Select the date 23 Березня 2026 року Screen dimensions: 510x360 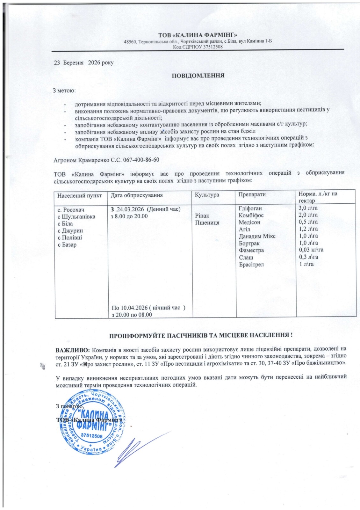pyautogui.click(x=84, y=63)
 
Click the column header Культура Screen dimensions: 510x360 pyautogui.click(x=207, y=195)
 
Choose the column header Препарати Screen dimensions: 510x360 pyautogui.click(x=252, y=194)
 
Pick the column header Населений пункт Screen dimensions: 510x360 pyautogui.click(x=80, y=195)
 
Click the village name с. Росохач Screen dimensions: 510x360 pyautogui.click(x=71, y=209)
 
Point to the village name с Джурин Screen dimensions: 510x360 pyautogui.click(x=70, y=230)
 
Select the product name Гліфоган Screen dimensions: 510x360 pyautogui.click(x=250, y=208)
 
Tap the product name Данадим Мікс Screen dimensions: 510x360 pyautogui.click(x=257, y=236)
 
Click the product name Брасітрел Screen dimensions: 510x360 pyautogui.click(x=251, y=264)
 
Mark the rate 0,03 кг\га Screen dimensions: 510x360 pyautogui.click(x=311, y=250)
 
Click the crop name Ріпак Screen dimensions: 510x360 pyautogui.click(x=202, y=216)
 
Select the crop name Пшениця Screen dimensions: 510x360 pyautogui.click(x=207, y=223)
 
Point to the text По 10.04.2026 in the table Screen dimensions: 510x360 pyautogui.click(x=130, y=308)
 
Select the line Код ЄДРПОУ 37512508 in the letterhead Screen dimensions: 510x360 pyautogui.click(x=198, y=47)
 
